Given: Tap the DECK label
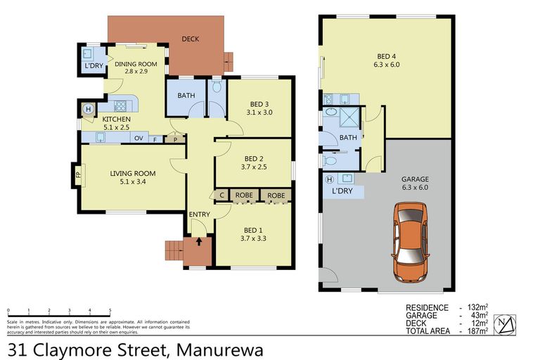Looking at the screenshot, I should click(191, 39).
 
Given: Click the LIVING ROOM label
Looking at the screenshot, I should click(132, 177).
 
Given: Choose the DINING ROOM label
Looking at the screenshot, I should click(135, 68).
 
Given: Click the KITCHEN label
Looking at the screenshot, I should click(116, 124).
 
